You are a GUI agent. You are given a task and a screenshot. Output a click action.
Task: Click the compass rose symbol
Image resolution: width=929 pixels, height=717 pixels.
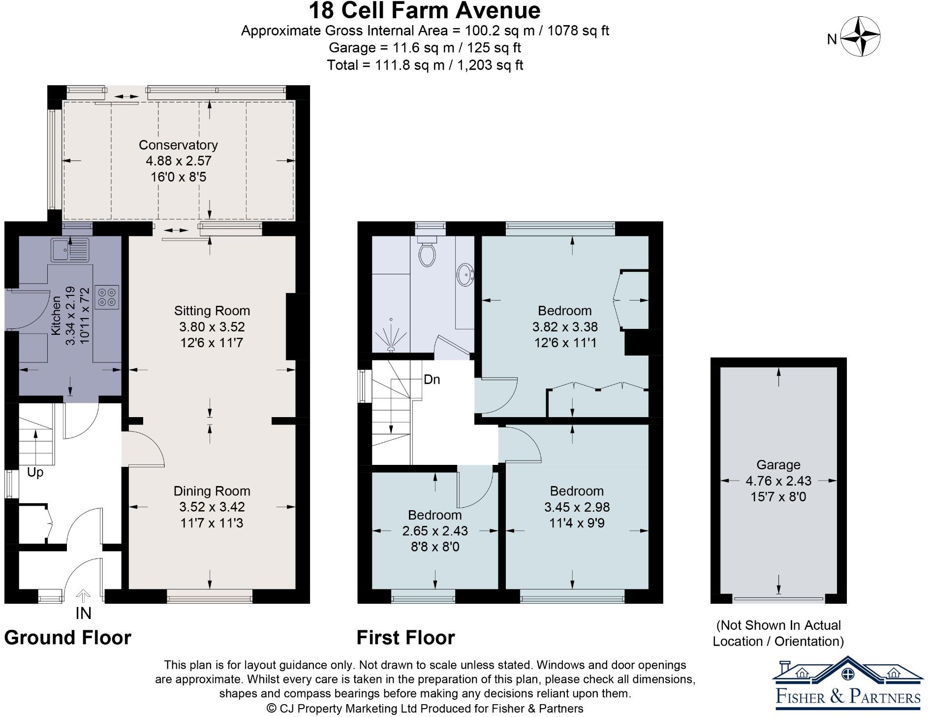tap(860, 37)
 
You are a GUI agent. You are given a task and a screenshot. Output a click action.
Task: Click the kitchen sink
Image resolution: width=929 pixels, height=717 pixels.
tap(69, 250)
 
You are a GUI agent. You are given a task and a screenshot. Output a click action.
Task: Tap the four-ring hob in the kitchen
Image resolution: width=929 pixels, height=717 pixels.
tap(107, 296)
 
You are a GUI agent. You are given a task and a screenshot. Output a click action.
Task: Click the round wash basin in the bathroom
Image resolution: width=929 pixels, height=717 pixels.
tap(465, 274)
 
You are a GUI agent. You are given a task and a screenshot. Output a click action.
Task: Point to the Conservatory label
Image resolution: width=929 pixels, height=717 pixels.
tap(178, 145)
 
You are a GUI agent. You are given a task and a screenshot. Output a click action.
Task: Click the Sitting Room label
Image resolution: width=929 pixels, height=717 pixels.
tap(212, 311)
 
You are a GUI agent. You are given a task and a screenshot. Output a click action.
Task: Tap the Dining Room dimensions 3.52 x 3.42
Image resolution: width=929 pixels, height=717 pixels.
tap(212, 507)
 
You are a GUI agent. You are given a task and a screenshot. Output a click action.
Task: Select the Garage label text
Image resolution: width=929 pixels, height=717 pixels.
tap(778, 465)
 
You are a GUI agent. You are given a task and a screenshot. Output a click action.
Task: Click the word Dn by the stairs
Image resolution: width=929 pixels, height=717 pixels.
tap(432, 380)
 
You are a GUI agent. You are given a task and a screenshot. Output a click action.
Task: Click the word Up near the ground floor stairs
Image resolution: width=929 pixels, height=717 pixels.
tap(35, 472)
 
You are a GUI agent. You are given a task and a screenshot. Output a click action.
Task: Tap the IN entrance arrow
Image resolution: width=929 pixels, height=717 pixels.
tap(83, 597)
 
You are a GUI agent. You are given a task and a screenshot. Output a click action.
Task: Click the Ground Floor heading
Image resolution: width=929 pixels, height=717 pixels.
tap(68, 638)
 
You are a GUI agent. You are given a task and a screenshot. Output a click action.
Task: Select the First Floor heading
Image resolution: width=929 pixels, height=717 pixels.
tap(405, 638)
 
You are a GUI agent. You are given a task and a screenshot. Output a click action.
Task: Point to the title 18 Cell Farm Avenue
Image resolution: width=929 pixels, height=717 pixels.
tap(425, 10)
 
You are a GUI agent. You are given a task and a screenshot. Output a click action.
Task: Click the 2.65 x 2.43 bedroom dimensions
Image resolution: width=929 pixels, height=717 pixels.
tap(434, 531)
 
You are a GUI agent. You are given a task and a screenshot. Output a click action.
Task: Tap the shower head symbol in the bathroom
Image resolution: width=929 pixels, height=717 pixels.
tap(391, 335)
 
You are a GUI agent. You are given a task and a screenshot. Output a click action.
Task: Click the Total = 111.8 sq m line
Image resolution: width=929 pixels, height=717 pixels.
tap(425, 65)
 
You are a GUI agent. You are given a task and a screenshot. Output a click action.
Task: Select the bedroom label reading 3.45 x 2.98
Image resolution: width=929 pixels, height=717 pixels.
tap(577, 507)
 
